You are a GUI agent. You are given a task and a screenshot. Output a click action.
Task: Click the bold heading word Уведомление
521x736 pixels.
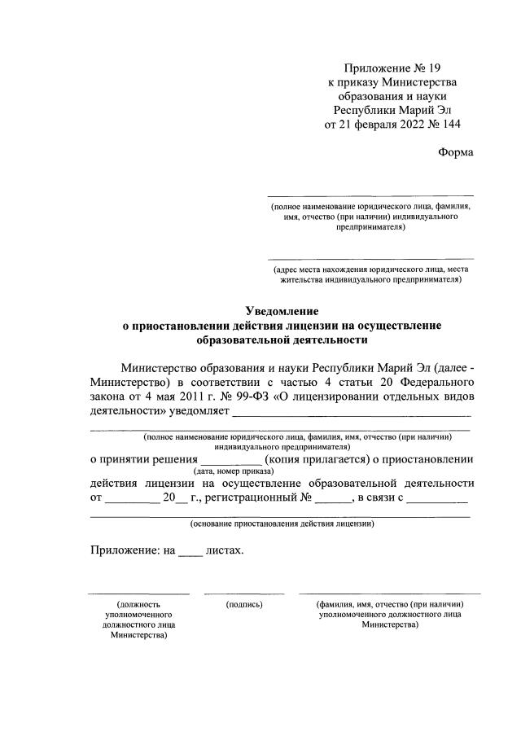point(282,310)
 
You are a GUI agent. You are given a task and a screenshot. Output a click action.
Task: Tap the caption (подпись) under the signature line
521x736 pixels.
point(244,605)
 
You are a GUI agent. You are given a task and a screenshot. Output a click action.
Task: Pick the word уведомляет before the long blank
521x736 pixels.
point(199,412)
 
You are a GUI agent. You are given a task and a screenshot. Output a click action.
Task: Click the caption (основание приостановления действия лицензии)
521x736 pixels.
point(282,524)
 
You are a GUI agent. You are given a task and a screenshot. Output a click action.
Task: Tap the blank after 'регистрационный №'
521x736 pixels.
point(331,497)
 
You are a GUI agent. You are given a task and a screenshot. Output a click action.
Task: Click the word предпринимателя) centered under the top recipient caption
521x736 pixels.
point(371,229)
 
